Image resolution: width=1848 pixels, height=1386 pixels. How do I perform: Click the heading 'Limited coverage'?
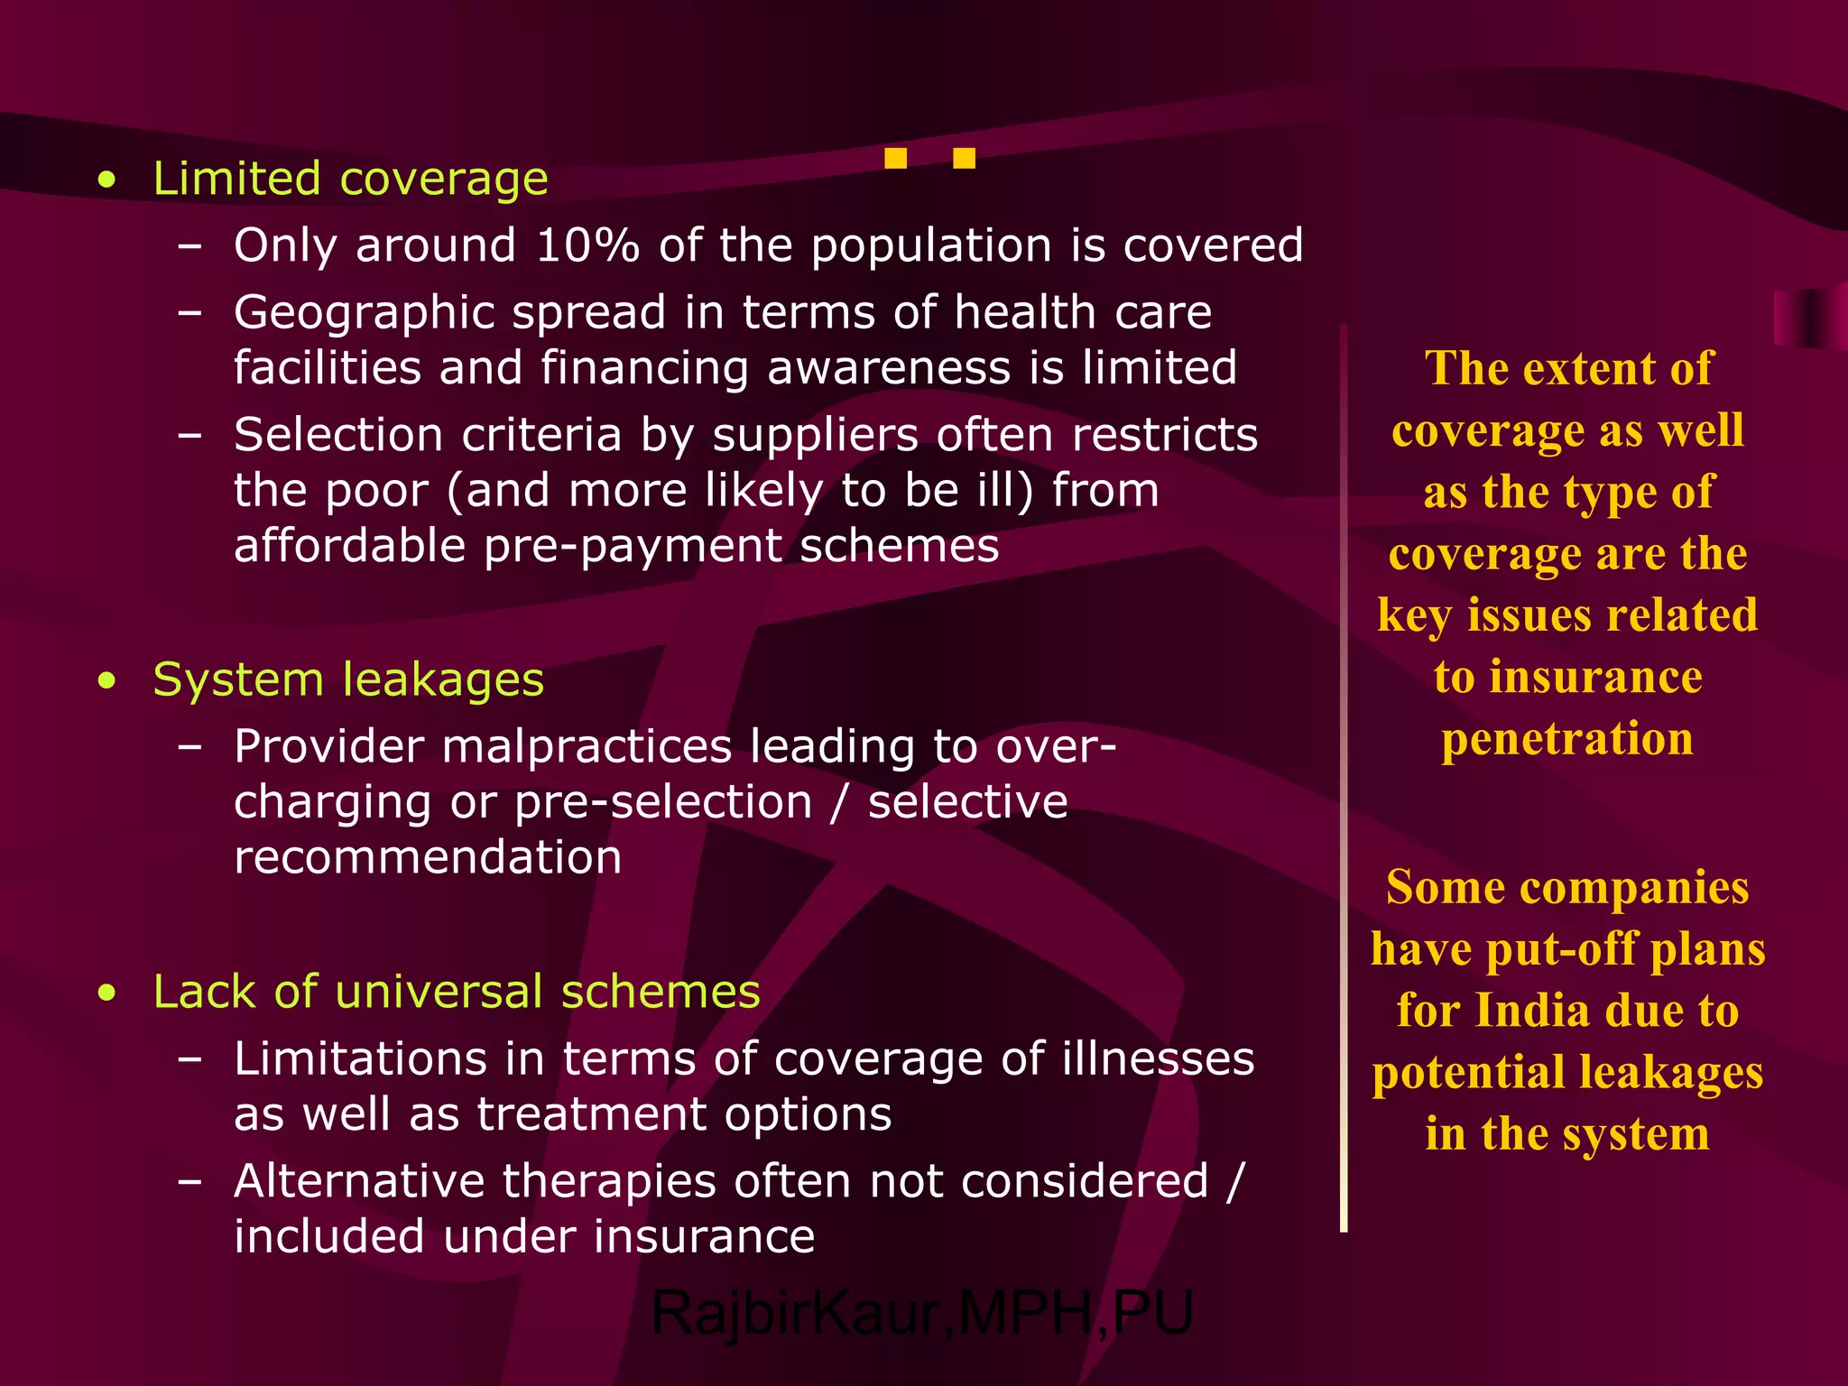click(x=350, y=179)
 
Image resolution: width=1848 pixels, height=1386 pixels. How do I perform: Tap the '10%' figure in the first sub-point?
click(x=587, y=245)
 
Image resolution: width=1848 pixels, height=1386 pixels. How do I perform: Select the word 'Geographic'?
click(x=363, y=313)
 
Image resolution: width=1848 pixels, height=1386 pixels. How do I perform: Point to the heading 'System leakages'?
click(x=348, y=679)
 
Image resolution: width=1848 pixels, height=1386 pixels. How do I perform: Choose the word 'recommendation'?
click(x=428, y=857)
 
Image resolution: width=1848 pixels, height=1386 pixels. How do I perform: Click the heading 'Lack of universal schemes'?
click(x=457, y=992)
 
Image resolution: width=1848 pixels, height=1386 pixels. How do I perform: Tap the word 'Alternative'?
click(x=358, y=1181)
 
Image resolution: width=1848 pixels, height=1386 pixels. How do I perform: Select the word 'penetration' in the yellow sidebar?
click(x=1567, y=739)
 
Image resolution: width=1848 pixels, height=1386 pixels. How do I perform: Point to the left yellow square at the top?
click(x=895, y=159)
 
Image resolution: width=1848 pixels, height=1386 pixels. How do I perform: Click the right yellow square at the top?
click(x=964, y=159)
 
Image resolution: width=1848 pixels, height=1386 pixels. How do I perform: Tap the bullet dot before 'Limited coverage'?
click(x=107, y=180)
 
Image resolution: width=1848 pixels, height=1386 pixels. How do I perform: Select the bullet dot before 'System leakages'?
click(x=107, y=681)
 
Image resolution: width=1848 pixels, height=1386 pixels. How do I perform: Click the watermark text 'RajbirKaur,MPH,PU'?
click(x=922, y=1313)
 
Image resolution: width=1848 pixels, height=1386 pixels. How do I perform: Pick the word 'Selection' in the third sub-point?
click(x=337, y=435)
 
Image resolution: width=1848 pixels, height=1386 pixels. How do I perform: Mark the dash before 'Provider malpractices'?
click(x=190, y=747)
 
